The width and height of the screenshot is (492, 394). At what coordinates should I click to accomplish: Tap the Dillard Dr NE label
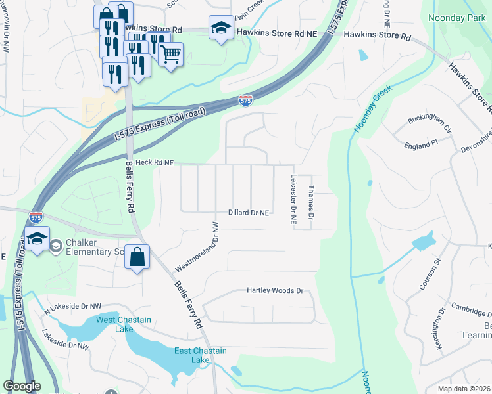(248, 213)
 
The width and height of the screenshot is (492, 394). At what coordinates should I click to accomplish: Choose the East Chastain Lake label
(201, 355)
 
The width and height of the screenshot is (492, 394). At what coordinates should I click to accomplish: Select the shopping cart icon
(170, 55)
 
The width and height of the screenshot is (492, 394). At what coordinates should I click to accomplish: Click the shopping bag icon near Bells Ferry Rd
(137, 257)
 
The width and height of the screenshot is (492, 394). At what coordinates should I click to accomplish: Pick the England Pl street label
(421, 143)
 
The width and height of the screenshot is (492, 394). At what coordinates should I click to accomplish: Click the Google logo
(22, 386)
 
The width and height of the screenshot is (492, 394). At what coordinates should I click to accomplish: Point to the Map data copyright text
(464, 389)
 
